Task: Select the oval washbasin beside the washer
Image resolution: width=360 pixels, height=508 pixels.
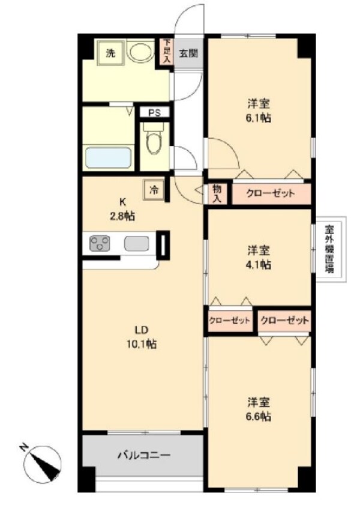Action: (x=141, y=53)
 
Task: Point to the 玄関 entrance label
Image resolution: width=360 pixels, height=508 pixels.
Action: (x=188, y=52)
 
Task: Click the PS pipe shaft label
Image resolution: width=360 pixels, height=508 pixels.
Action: (x=155, y=112)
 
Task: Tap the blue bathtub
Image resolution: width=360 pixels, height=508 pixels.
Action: (x=108, y=159)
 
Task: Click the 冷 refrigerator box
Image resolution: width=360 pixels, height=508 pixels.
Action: (x=154, y=190)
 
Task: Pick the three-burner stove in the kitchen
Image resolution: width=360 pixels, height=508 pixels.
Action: (x=100, y=244)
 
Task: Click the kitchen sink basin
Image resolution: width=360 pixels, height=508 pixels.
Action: (x=137, y=244)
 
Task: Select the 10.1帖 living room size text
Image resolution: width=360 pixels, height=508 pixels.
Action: (x=142, y=345)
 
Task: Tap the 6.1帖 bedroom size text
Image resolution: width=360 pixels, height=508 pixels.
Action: (x=259, y=118)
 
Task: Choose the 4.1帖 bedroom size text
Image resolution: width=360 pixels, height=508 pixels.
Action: (x=259, y=264)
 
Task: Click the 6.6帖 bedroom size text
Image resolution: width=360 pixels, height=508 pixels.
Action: (x=259, y=417)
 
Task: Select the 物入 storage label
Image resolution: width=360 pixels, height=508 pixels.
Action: (x=217, y=193)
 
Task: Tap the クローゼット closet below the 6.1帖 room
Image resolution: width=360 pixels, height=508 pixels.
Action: (x=271, y=194)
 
